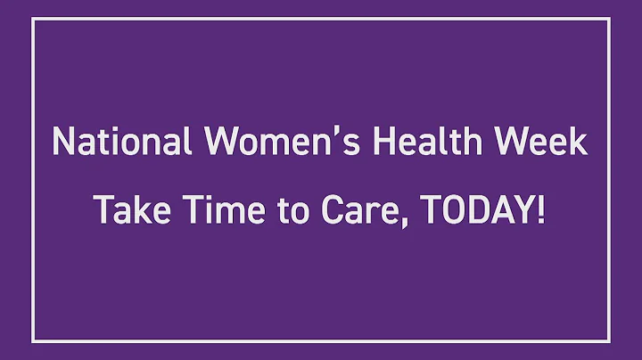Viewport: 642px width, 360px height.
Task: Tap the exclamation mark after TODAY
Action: [x=541, y=209]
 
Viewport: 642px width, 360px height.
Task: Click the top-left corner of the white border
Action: [x=33, y=19]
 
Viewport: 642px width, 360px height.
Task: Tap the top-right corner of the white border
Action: [x=609, y=19]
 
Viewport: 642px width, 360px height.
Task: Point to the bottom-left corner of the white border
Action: [x=33, y=341]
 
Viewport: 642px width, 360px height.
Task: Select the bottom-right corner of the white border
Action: [x=609, y=341]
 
